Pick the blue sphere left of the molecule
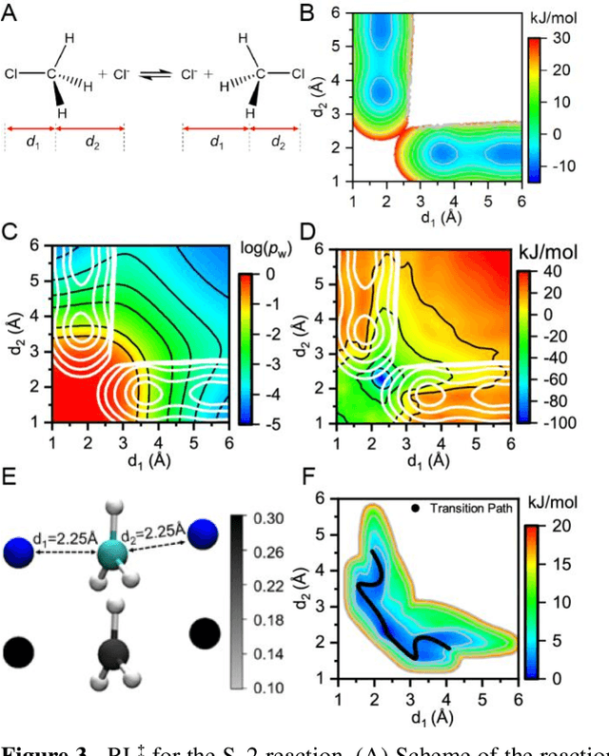coord(17,552)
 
